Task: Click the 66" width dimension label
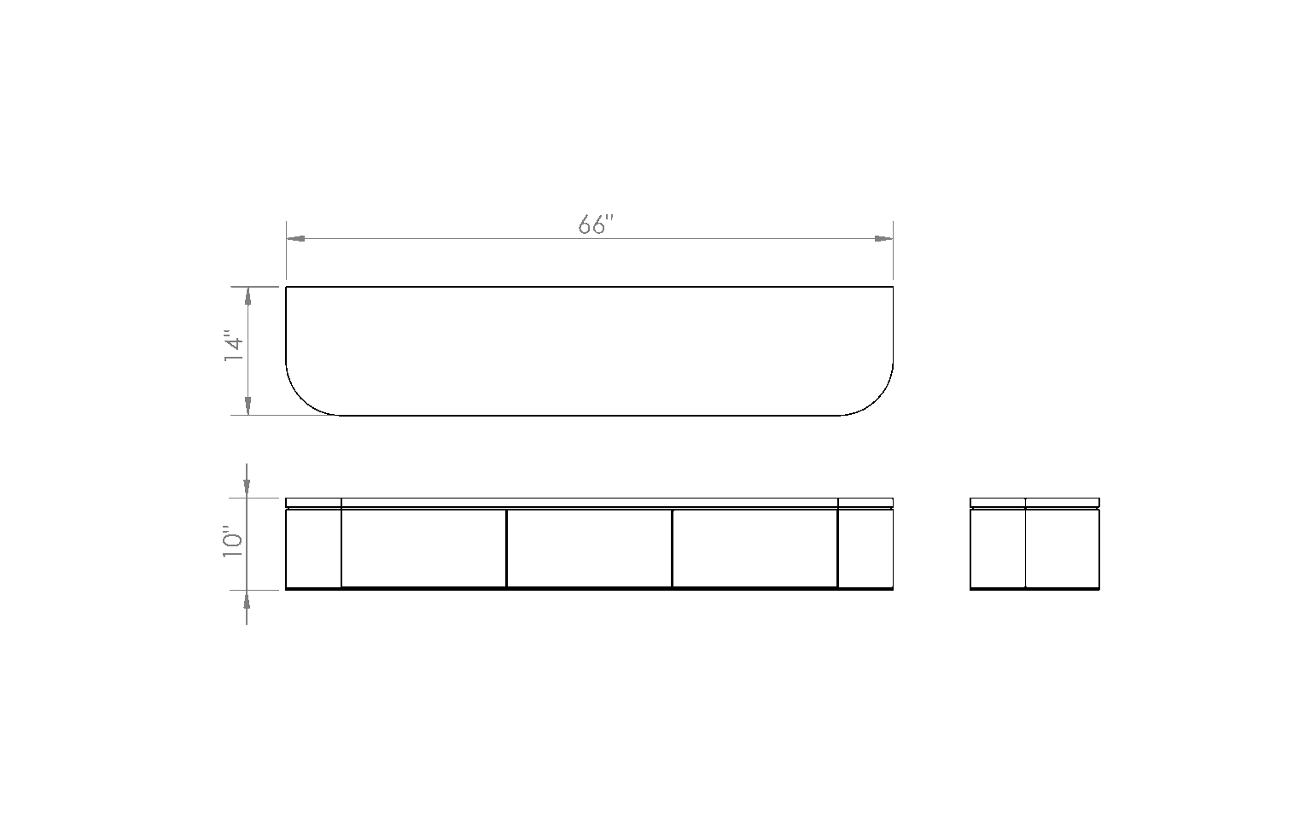pyautogui.click(x=596, y=224)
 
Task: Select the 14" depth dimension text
pyautogui.click(x=234, y=349)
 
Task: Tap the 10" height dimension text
pyautogui.click(x=233, y=542)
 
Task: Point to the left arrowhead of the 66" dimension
pyautogui.click(x=295, y=239)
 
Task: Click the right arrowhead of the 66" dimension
pyautogui.click(x=883, y=239)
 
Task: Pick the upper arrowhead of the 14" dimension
pyautogui.click(x=248, y=296)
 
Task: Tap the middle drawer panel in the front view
pyautogui.click(x=590, y=548)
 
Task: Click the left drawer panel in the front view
pyautogui.click(x=423, y=548)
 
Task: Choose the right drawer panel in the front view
pyautogui.click(x=755, y=548)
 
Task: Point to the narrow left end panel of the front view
pyautogui.click(x=314, y=548)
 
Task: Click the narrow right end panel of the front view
pyautogui.click(x=865, y=548)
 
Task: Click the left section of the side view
pyautogui.click(x=998, y=548)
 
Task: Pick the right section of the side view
pyautogui.click(x=1063, y=548)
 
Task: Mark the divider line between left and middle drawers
pyautogui.click(x=506, y=548)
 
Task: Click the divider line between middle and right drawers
pyautogui.click(x=673, y=548)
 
